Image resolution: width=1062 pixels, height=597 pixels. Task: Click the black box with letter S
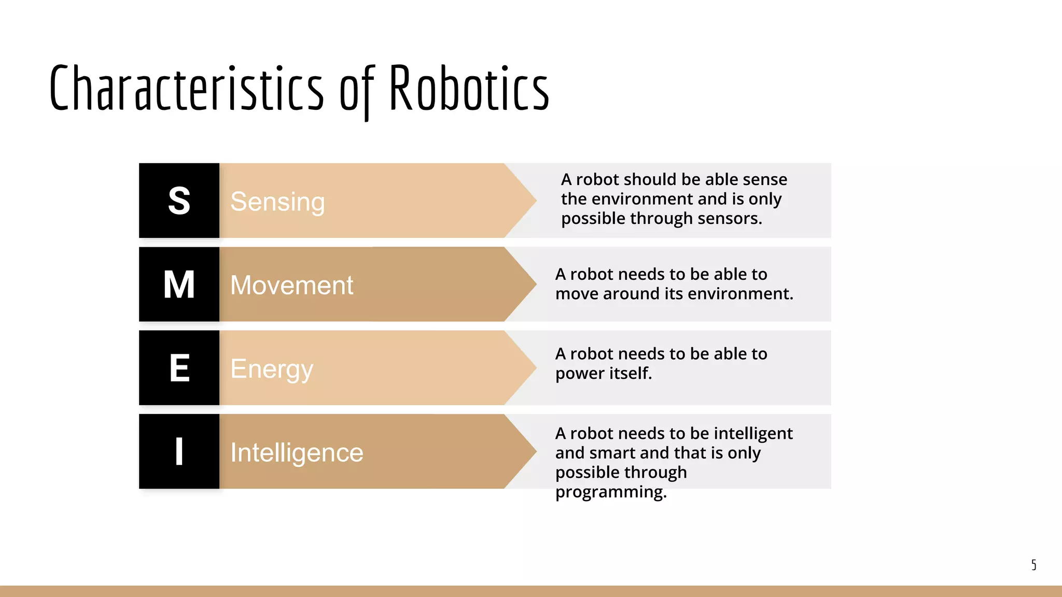(179, 201)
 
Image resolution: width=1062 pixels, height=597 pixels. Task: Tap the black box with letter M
(179, 284)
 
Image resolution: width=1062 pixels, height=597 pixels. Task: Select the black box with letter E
(179, 368)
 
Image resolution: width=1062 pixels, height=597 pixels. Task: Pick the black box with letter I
(179, 451)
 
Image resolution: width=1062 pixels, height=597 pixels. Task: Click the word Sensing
(277, 202)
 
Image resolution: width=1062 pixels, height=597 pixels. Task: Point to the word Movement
(291, 285)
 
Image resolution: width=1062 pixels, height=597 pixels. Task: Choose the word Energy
(272, 369)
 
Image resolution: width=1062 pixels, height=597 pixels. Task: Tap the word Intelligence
(297, 452)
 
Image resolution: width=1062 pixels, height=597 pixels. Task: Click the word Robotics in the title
(469, 88)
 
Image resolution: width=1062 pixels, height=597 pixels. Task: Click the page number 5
(1033, 564)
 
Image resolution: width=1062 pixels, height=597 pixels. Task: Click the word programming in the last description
(610, 492)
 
